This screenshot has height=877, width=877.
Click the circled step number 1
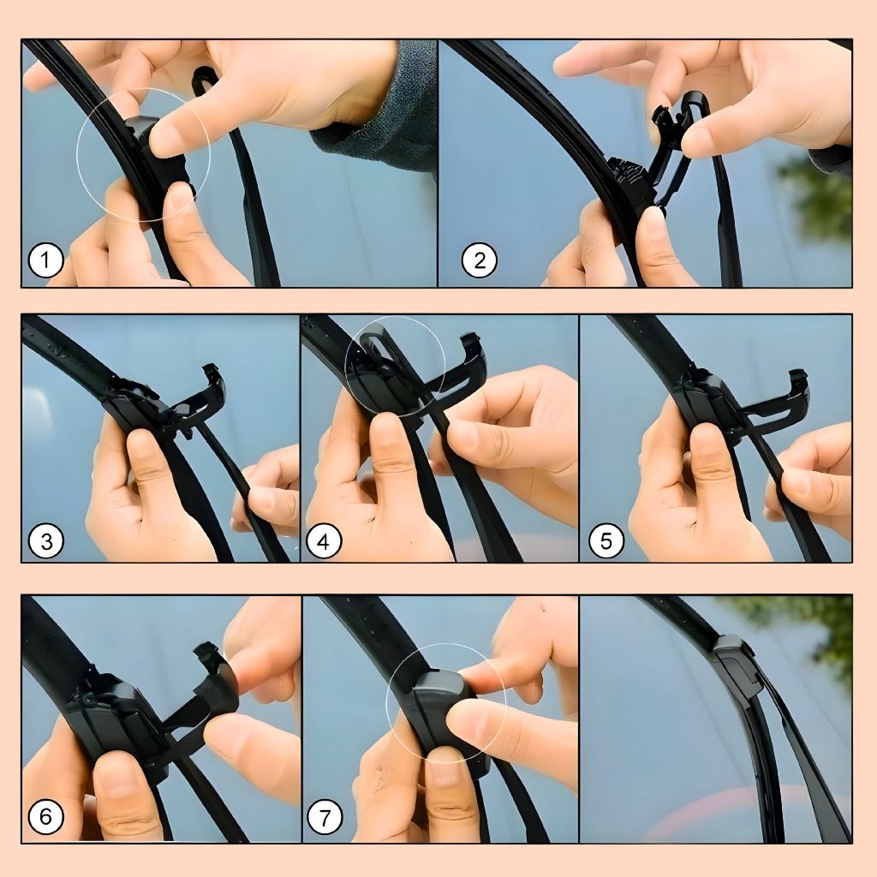click(46, 260)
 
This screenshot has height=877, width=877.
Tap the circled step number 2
click(480, 260)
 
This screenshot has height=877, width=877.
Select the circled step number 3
click(46, 541)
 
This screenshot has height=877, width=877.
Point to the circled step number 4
click(324, 541)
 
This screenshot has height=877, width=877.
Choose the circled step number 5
click(606, 541)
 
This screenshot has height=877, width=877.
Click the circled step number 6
click(46, 816)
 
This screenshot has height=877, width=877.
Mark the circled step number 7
click(325, 816)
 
